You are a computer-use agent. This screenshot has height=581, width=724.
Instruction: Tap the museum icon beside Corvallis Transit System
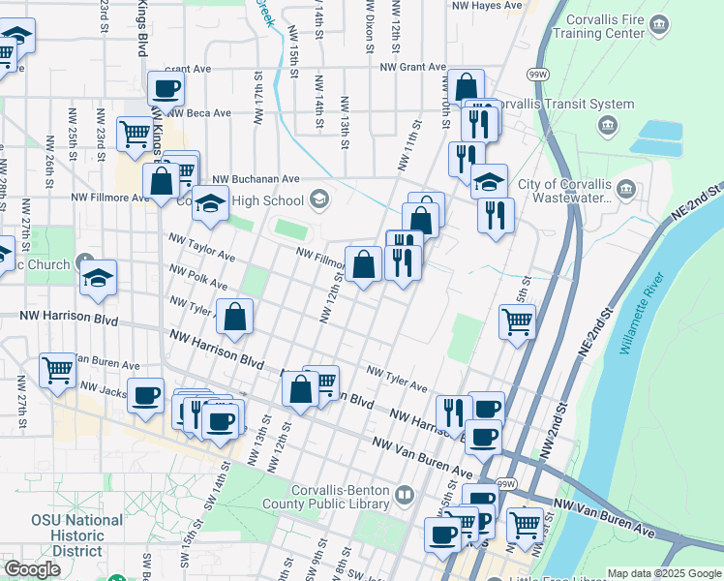[608, 124]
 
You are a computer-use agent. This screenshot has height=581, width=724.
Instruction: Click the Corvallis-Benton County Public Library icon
[405, 496]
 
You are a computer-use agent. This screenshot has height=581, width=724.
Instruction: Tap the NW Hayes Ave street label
[488, 6]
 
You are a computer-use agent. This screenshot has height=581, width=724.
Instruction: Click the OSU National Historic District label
[76, 535]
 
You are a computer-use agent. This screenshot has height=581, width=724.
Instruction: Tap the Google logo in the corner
[32, 569]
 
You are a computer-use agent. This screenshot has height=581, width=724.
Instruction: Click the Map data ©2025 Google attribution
[664, 573]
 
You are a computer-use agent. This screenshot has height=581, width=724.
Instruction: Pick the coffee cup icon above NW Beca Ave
[165, 90]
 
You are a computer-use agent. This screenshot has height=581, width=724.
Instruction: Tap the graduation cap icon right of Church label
[98, 279]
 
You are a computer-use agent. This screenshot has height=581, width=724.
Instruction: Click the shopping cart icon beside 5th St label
[517, 321]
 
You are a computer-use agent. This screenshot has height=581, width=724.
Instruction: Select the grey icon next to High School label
[318, 200]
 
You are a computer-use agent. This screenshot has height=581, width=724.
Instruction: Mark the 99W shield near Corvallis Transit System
[537, 75]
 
